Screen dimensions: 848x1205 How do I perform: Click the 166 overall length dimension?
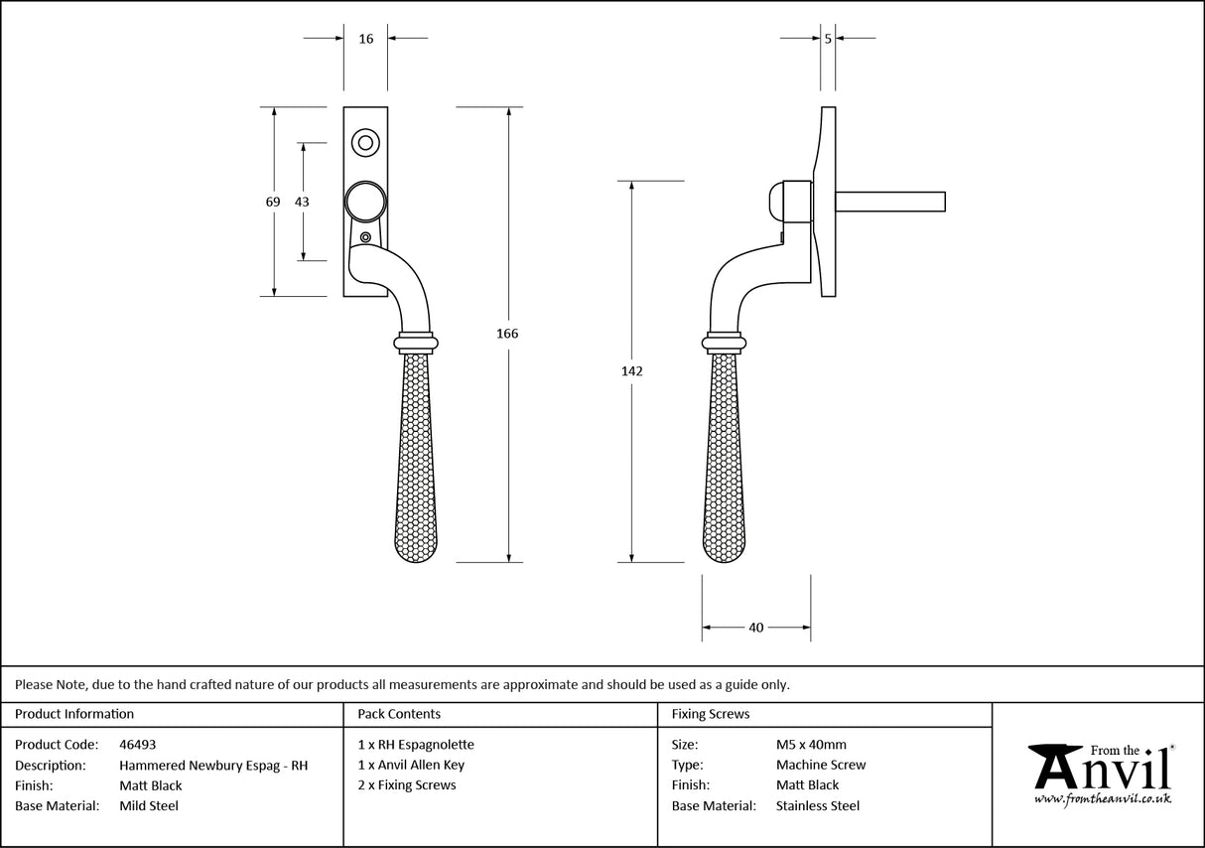[x=507, y=334]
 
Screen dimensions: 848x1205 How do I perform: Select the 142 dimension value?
[x=632, y=371]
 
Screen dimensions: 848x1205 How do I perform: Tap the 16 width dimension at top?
[x=365, y=39]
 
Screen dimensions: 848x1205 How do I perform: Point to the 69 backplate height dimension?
[x=273, y=202]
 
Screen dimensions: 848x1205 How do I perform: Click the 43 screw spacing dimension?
[x=302, y=202]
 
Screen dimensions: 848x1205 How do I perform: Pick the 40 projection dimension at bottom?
[x=755, y=628]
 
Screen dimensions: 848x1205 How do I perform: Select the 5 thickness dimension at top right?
[x=828, y=39]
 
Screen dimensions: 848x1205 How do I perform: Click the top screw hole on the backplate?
[x=365, y=143]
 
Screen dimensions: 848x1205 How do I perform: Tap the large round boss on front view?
[x=365, y=202]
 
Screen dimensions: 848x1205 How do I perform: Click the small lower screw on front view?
[x=366, y=237]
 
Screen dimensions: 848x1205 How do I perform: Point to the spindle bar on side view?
[x=890, y=202]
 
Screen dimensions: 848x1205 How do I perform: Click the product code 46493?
[x=137, y=745]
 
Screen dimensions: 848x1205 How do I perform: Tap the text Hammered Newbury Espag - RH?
[x=213, y=766]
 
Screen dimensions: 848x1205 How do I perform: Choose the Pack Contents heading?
[x=399, y=714]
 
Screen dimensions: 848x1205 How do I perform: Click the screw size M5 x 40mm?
[x=811, y=745]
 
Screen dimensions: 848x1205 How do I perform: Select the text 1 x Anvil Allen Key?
[x=411, y=766]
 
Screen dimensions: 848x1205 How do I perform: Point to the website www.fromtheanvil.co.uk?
[x=1102, y=798]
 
